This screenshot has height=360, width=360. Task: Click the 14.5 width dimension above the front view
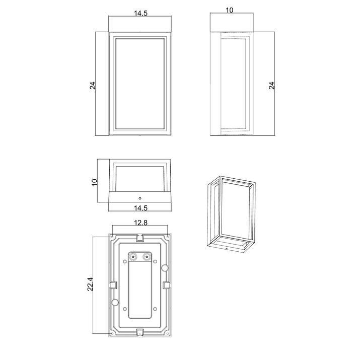[x=140, y=13]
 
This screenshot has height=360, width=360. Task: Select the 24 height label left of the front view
[x=93, y=86]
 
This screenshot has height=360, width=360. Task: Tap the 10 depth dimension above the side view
[x=230, y=11]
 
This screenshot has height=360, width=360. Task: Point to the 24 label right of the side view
[x=271, y=86]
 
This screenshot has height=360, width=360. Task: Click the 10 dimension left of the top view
[x=94, y=182]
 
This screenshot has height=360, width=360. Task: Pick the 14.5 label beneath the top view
[x=140, y=208]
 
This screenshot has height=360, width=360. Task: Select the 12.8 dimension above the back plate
[x=140, y=223]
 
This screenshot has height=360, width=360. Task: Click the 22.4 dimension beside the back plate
[x=90, y=284]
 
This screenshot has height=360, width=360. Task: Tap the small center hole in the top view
[x=140, y=198]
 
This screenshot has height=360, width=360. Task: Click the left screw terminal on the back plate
[x=133, y=256]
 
